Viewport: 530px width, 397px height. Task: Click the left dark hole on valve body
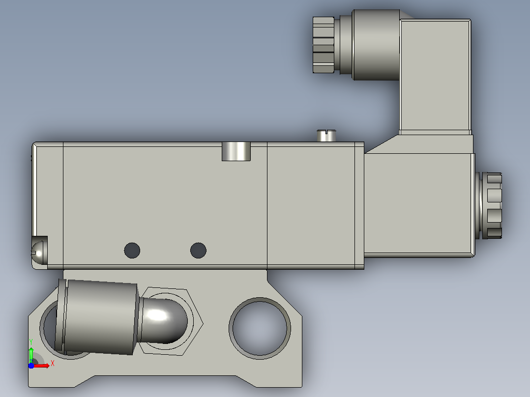[132, 251]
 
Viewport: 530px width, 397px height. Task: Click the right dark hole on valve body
[199, 251]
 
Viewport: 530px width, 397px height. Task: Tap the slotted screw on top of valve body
[326, 136]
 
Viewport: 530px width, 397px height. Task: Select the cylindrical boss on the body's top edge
[236, 151]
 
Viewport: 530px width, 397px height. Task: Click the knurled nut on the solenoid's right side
[490, 205]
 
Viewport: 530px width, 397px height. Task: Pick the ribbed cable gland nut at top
[324, 45]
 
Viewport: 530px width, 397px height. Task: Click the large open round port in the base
[260, 328]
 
